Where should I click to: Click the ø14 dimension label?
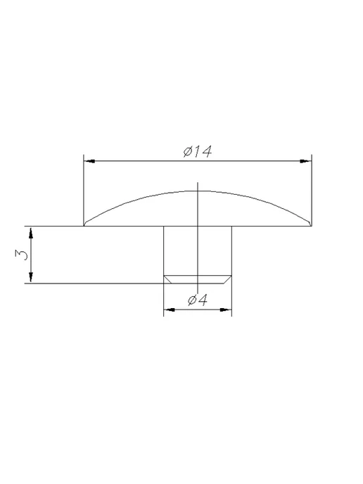pos(197,151)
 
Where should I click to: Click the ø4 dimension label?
pos(198,300)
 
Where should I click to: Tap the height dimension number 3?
pos(21,255)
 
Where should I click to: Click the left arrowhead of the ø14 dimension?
pos(89,161)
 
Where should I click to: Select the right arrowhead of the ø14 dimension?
pos(306,161)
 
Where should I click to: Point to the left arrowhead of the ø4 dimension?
pos(170,310)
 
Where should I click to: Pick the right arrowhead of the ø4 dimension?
pos(226,310)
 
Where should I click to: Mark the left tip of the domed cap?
pos(84,226)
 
